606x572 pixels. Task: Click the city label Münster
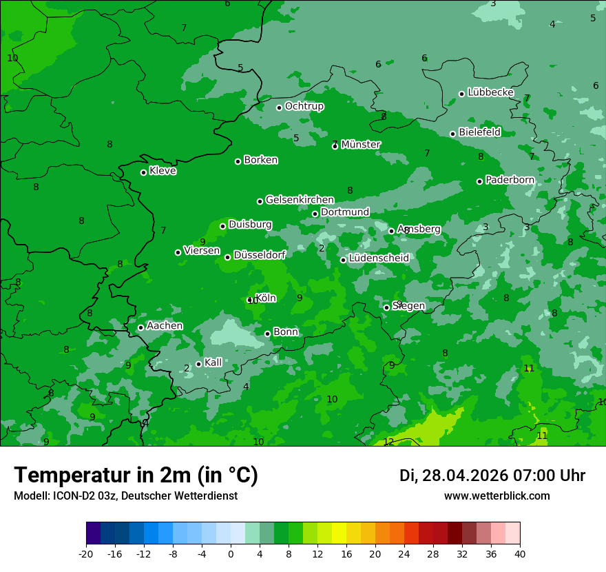point(361,145)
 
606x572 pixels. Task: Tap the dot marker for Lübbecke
point(461,94)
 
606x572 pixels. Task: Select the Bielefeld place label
point(479,132)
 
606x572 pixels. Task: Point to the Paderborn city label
point(510,180)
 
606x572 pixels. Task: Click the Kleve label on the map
point(163,171)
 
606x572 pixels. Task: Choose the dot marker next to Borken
point(238,161)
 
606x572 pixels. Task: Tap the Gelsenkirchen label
point(300,200)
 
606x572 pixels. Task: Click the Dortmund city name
point(345,212)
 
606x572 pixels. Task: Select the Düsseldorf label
point(260,255)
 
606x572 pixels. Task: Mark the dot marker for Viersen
point(178,252)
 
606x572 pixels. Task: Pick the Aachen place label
point(165,326)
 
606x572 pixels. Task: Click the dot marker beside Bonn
point(267,334)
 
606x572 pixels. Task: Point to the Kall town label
point(213,362)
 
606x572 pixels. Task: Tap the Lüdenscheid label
point(379,258)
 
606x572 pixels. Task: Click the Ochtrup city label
point(304,107)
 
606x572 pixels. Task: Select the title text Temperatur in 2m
point(136,476)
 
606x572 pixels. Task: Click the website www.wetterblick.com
point(497,496)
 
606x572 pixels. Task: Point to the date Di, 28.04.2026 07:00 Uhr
point(492,476)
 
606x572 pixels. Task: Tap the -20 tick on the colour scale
point(86,553)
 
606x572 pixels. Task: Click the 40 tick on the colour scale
point(520,553)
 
